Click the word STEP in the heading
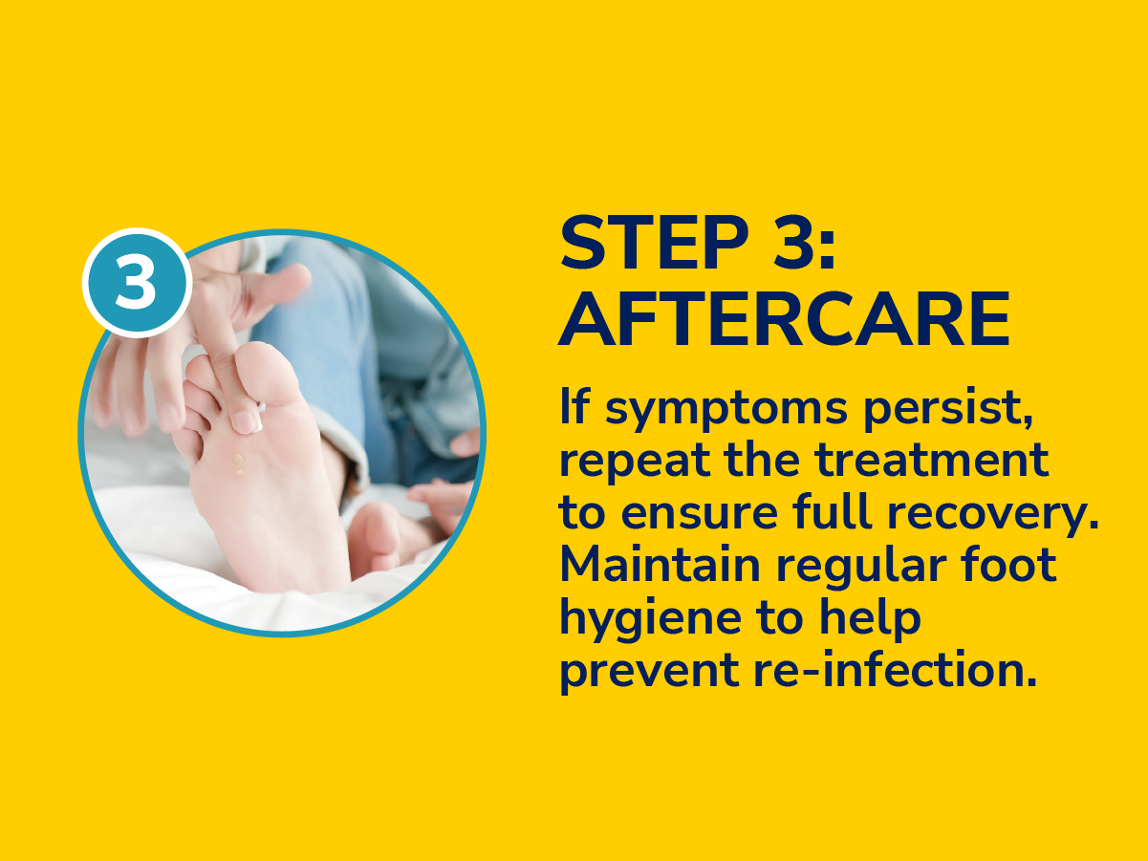(x=654, y=242)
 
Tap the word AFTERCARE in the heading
(x=784, y=318)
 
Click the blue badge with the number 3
(x=137, y=283)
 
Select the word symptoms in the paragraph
(x=726, y=410)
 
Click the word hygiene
(x=651, y=620)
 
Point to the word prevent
(x=649, y=673)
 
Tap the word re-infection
(x=895, y=670)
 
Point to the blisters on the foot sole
(x=239, y=463)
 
